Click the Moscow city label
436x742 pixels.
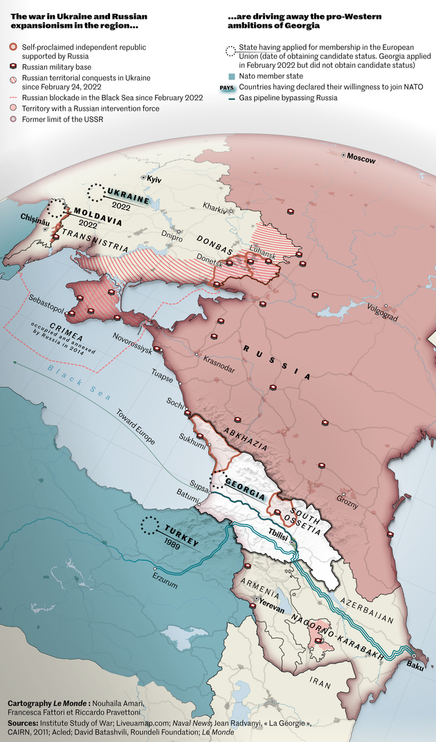click(x=361, y=159)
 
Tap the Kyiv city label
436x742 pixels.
click(x=154, y=179)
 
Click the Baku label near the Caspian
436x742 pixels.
click(x=416, y=666)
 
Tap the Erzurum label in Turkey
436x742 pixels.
click(x=165, y=584)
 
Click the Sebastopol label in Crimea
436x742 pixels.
click(x=50, y=302)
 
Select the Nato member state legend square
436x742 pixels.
click(x=232, y=76)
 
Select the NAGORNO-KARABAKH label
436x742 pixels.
click(x=338, y=636)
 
